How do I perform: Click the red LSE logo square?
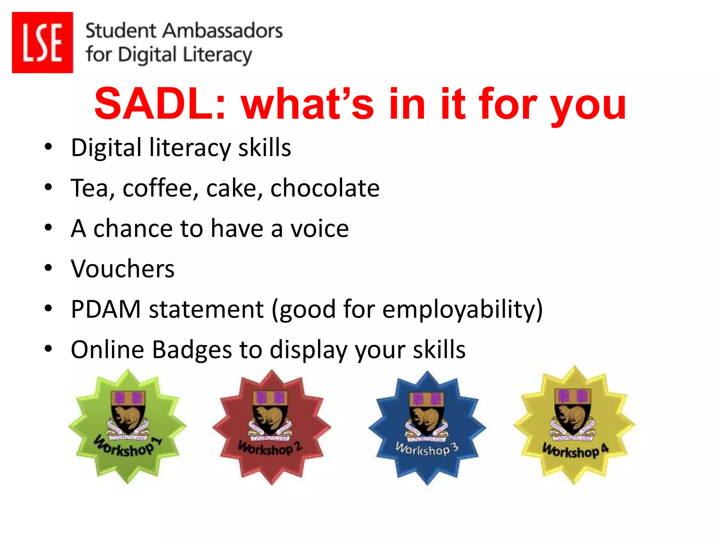coord(42,42)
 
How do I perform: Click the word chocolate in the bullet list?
coord(325,188)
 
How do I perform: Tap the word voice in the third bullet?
coord(319,228)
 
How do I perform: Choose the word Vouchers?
coord(123,269)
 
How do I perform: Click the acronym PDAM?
coord(106,309)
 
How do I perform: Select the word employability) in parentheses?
coord(463,309)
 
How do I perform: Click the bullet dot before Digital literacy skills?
coord(48,147)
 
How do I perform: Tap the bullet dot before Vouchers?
coord(48,268)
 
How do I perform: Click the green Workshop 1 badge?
coord(127,426)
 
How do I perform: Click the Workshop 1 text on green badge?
coord(127,447)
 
